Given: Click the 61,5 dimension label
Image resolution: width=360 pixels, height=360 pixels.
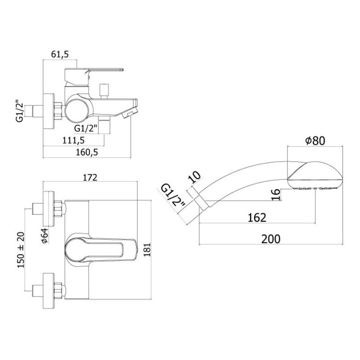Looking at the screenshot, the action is pyautogui.click(x=60, y=54).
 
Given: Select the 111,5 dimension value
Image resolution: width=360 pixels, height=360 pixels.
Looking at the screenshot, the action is pyautogui.click(x=73, y=140).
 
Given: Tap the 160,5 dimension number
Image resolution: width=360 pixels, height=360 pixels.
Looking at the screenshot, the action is pyautogui.click(x=87, y=152).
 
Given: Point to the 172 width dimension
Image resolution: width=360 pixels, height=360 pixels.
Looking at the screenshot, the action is pyautogui.click(x=90, y=177).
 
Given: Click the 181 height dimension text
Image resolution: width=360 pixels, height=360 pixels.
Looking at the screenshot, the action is pyautogui.click(x=148, y=250).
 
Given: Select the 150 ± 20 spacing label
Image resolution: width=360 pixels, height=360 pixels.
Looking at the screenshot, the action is pyautogui.click(x=21, y=250).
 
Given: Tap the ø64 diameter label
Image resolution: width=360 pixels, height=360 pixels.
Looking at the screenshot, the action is pyautogui.click(x=45, y=235).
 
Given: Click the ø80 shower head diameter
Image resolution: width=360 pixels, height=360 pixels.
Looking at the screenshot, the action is pyautogui.click(x=315, y=140).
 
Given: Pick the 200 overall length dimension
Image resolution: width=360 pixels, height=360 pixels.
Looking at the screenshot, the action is pyautogui.click(x=271, y=239).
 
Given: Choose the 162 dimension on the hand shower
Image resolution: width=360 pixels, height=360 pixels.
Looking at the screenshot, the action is pyautogui.click(x=257, y=217).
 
